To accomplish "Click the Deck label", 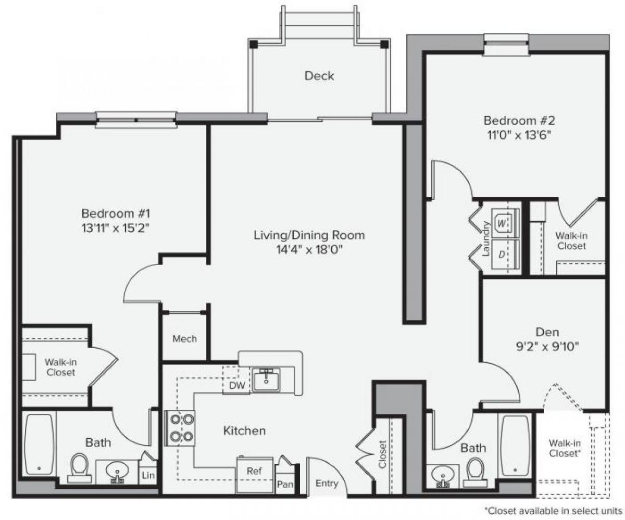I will pos(319,76).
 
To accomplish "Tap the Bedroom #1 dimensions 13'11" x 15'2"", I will pos(116,227).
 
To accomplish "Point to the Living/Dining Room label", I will pos(309,235).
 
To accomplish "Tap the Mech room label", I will pos(185,339).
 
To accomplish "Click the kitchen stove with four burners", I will pos(180,428).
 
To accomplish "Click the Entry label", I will pos(327,484).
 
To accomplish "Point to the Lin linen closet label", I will pos(148,475).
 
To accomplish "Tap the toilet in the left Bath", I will pos(80,466).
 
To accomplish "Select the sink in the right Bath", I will pos(443,476).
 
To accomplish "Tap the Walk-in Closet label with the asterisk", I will pos(565,448).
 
